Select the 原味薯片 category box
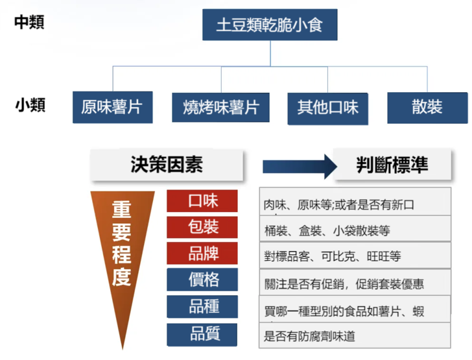[x=112, y=107]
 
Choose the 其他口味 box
[x=327, y=107]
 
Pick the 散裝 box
[x=427, y=107]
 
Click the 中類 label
[x=30, y=22]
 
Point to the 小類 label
[x=30, y=105]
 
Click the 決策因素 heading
[x=167, y=165]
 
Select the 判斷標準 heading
[x=392, y=165]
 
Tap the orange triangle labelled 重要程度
[x=122, y=253]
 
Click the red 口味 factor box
[x=202, y=201]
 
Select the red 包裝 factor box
[x=202, y=227]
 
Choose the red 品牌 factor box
[x=202, y=253]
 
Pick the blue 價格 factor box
[x=202, y=280]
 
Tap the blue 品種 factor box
[x=202, y=306]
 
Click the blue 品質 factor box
[x=202, y=334]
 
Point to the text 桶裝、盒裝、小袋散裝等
[x=327, y=231]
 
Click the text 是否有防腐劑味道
[x=309, y=336]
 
